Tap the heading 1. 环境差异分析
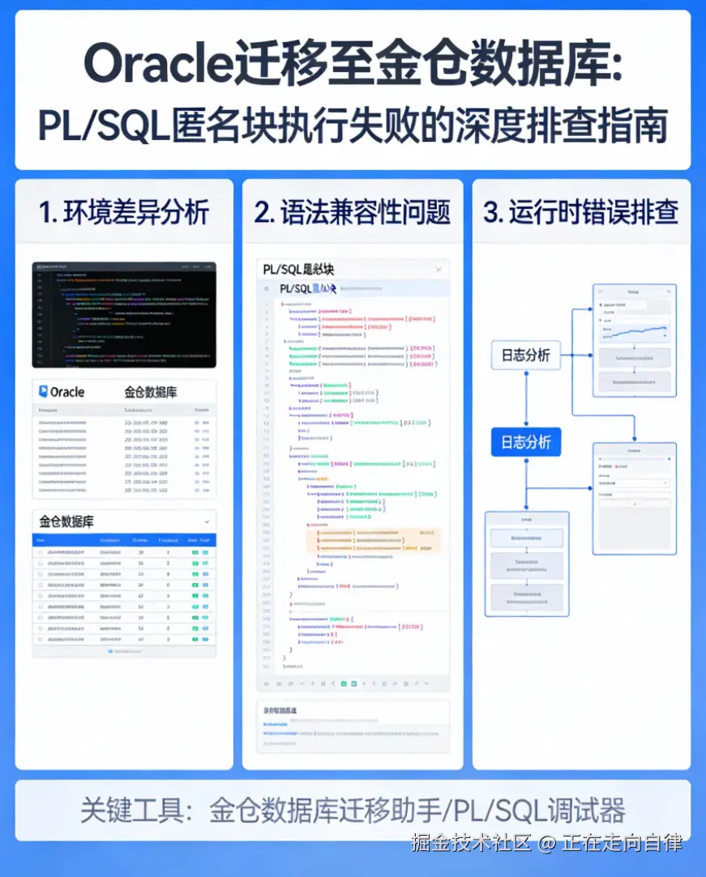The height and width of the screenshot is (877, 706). (124, 213)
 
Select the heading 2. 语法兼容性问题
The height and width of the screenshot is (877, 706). (352, 213)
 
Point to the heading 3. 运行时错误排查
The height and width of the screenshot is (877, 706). (580, 213)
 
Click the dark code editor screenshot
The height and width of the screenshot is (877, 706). (124, 314)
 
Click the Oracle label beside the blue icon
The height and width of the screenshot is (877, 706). (67, 392)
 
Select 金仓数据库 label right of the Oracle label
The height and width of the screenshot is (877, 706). (151, 392)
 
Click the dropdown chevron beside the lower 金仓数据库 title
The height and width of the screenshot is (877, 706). (207, 522)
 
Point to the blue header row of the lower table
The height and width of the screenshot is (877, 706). (124, 540)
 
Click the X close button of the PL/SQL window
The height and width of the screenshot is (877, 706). (439, 270)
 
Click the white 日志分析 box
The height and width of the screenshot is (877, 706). (525, 355)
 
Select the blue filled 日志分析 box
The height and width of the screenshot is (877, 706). (525, 442)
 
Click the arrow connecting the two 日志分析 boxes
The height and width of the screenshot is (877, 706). (525, 398)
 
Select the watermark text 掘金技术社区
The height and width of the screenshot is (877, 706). (470, 843)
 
